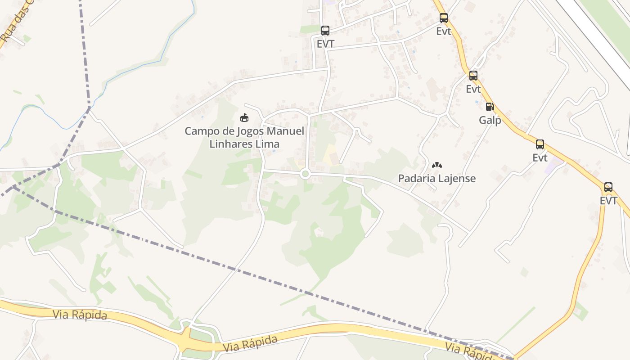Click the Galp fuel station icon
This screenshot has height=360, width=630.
click(490, 107)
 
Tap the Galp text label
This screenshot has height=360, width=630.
click(490, 120)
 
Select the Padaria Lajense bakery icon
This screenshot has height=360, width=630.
click(436, 165)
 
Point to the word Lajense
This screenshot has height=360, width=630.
click(457, 178)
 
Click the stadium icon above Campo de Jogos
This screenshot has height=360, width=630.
click(244, 118)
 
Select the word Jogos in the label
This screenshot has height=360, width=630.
click(249, 131)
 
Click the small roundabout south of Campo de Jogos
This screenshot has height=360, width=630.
click(306, 174)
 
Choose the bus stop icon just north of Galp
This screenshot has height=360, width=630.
click(473, 76)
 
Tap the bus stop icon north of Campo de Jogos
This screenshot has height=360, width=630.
click(325, 31)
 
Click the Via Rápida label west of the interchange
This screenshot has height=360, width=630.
click(80, 315)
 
